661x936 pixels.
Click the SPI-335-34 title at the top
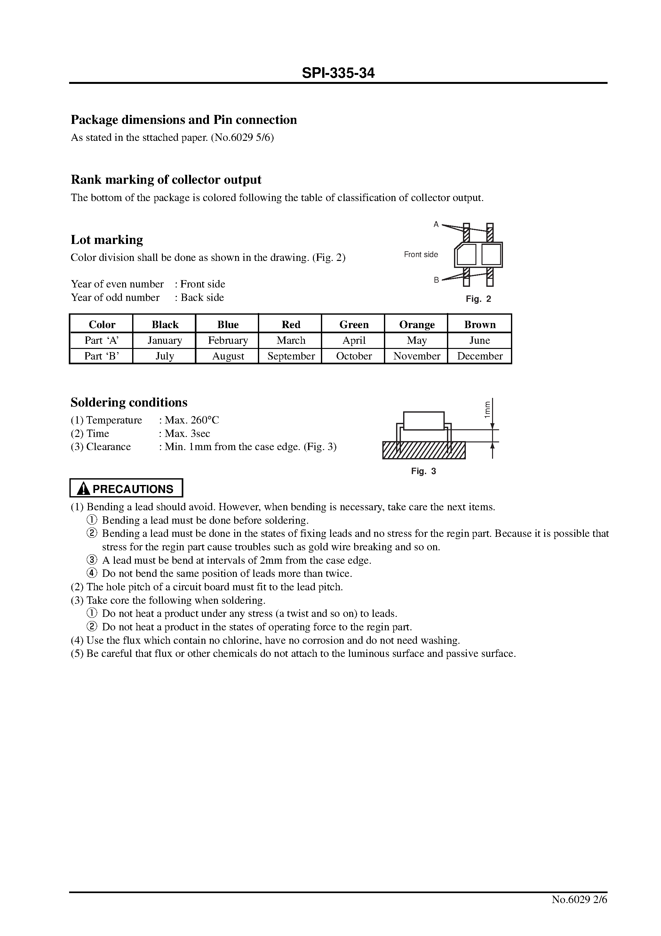(x=338, y=73)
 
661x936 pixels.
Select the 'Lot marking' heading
(x=107, y=240)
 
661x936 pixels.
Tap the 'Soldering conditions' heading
(x=129, y=402)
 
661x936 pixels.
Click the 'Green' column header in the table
(x=354, y=325)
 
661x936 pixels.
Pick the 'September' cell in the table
(x=291, y=356)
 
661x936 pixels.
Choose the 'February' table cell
(x=228, y=340)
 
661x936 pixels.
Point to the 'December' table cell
(x=480, y=356)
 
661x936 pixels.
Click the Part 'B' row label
(x=101, y=356)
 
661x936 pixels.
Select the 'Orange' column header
(x=417, y=325)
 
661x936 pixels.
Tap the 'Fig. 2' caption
(x=478, y=299)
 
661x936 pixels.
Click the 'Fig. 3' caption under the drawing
(x=423, y=471)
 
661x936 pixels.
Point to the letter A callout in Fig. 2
(x=436, y=224)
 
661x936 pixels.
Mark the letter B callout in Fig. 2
(x=436, y=280)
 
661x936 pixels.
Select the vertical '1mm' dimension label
(x=487, y=409)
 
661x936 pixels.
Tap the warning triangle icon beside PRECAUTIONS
(x=84, y=488)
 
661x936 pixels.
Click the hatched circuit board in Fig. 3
(x=424, y=450)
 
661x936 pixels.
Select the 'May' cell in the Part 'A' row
(x=417, y=340)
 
